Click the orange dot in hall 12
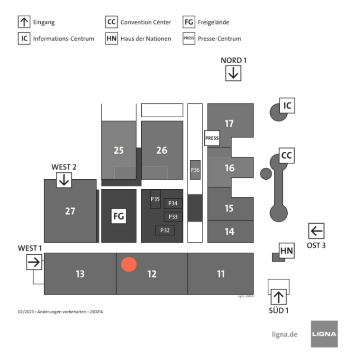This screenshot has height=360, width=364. [x=128, y=264]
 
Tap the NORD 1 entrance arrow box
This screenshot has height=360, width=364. [x=233, y=73]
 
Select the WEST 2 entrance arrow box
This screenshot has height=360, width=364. [x=64, y=180]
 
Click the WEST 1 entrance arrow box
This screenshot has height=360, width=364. [x=34, y=261]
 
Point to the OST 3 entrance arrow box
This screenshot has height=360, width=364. [x=316, y=231]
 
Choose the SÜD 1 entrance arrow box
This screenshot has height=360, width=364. [x=278, y=297]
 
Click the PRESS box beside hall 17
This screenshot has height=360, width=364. [x=212, y=138]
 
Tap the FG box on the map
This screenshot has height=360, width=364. [x=118, y=216]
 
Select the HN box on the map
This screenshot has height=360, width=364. [x=287, y=250]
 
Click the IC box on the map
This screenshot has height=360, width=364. [x=287, y=106]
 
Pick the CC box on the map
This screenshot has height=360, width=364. [x=286, y=155]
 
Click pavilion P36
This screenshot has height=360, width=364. [x=195, y=170]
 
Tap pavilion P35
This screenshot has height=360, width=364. [x=155, y=199]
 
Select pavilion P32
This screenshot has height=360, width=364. [x=165, y=230]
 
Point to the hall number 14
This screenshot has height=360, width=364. [x=229, y=231]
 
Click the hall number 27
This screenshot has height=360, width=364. [x=70, y=211]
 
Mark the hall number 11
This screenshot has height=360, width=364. [x=220, y=274]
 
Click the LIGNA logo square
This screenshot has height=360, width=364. [x=324, y=334]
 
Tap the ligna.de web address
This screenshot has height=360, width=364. [x=284, y=334]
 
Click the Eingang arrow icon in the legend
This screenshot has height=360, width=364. [x=24, y=22]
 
